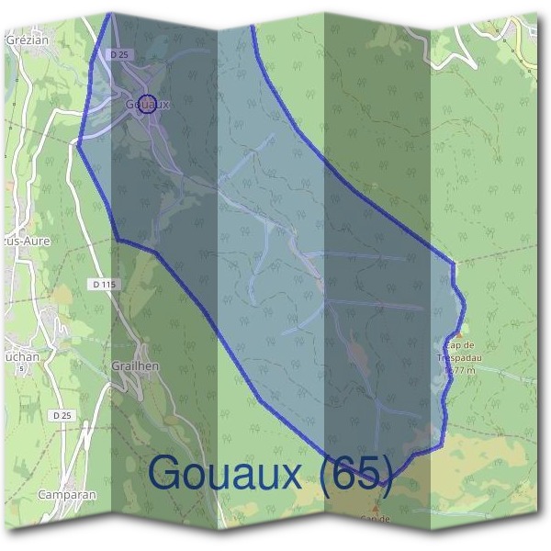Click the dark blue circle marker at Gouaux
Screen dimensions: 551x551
150,103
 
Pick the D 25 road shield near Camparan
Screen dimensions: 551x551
62,416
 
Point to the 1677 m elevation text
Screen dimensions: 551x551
459,370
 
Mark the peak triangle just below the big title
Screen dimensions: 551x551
375,507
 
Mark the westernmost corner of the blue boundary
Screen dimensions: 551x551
78,143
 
